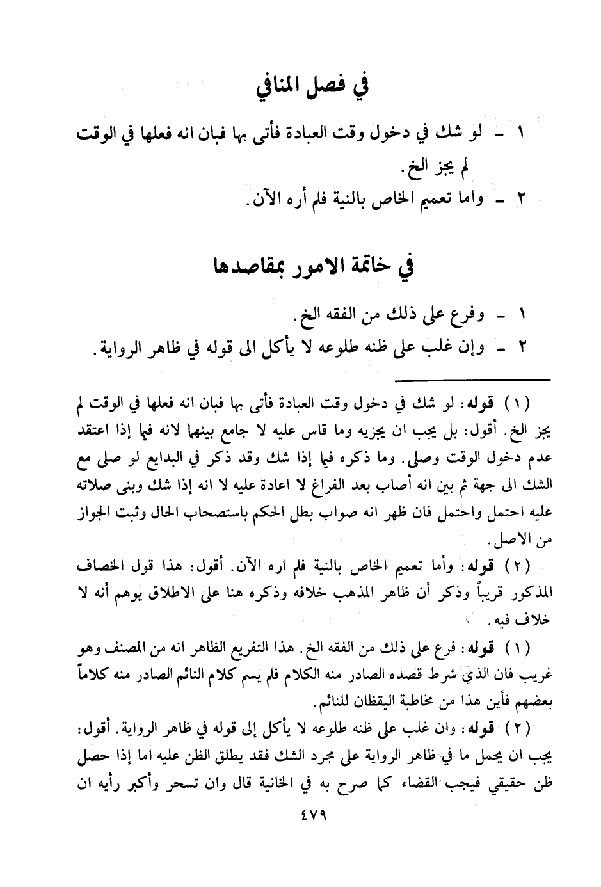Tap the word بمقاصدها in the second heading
pos(243,267)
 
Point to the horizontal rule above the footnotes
pos(474,380)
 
